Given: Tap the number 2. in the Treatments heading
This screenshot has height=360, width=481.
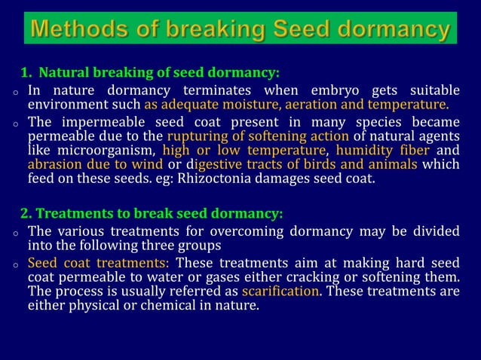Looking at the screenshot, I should pos(26,213).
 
